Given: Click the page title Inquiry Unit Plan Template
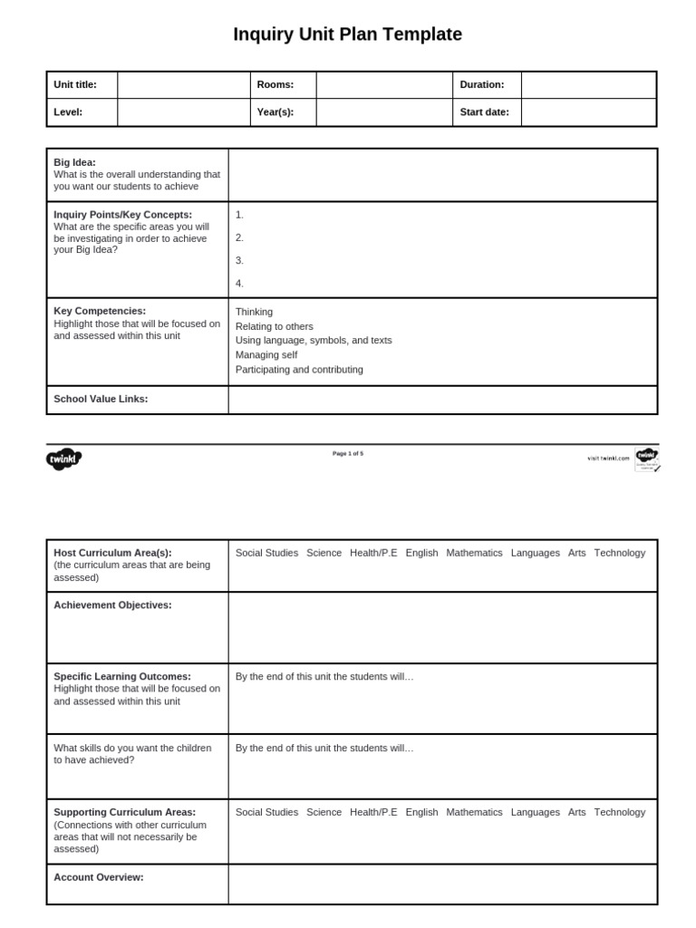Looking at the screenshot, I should click(x=347, y=34).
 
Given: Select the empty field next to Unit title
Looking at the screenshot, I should click(x=183, y=85).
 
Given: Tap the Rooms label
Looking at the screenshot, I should click(x=275, y=85).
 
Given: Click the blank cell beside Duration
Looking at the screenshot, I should click(x=588, y=85).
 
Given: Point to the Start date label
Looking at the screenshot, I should click(x=484, y=112).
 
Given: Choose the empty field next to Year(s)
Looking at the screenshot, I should click(x=383, y=112).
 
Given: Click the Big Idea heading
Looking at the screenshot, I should click(x=74, y=162).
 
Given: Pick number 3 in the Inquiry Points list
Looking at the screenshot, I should click(x=239, y=260).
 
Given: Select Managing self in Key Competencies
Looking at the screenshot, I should click(x=266, y=355).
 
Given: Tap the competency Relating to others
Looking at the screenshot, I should click(x=274, y=326).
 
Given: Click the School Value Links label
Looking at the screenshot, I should click(x=101, y=399).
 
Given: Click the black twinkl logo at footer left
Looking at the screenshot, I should click(x=63, y=459).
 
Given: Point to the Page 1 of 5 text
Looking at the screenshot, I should click(x=348, y=453).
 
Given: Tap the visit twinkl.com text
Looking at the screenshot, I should click(x=608, y=459).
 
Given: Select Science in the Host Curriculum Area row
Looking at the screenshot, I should click(x=324, y=553).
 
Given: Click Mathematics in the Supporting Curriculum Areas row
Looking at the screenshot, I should click(x=474, y=812).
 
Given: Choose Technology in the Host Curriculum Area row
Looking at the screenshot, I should click(x=620, y=553).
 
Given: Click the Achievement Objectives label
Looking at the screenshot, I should click(x=112, y=604).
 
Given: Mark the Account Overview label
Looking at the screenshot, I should click(x=98, y=877).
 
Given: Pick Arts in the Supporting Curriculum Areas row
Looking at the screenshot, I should click(x=576, y=812).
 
